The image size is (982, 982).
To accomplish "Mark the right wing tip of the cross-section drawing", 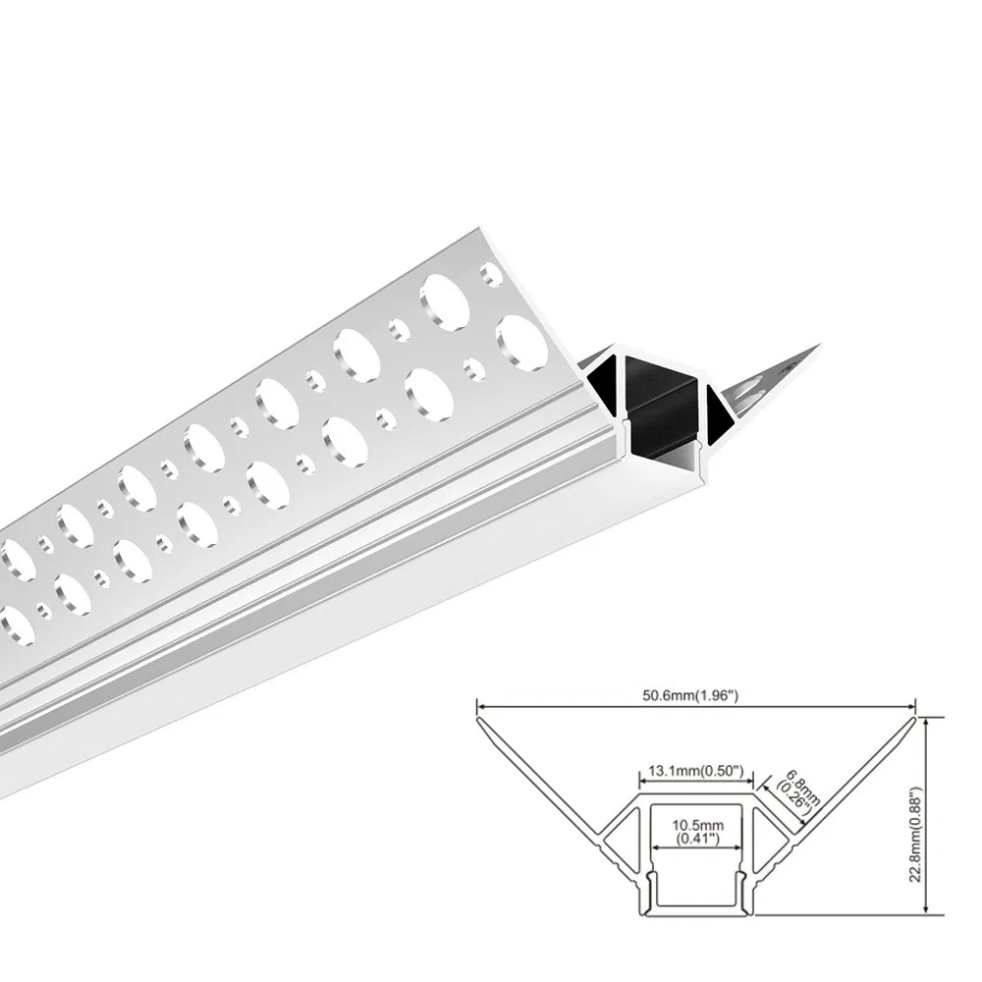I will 916,717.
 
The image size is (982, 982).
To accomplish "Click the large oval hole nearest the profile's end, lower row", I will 521,341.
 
